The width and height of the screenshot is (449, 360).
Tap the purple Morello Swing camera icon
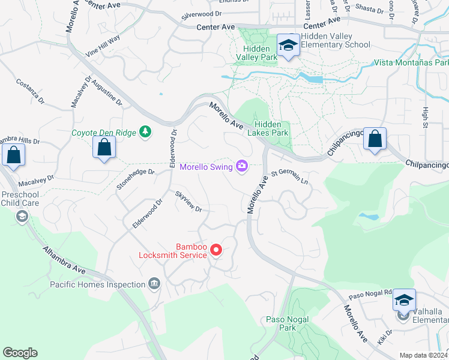tap(242, 166)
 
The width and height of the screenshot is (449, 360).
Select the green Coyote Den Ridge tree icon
tap(145, 131)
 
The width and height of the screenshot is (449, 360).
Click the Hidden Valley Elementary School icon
tap(288, 46)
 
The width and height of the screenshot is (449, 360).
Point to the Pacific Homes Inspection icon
tap(154, 284)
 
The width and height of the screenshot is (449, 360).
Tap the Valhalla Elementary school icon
tap(404, 301)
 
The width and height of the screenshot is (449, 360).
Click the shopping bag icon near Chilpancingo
tap(375, 139)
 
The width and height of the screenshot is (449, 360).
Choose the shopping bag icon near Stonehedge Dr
tap(104, 147)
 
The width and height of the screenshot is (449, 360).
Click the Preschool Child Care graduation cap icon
tap(23, 216)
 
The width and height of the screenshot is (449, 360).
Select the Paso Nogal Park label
tap(282, 323)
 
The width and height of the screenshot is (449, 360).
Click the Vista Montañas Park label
tap(411, 62)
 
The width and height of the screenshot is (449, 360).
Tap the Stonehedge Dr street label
tap(135, 179)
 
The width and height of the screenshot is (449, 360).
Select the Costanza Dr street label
tap(30, 91)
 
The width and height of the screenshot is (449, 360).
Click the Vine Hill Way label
tap(103, 46)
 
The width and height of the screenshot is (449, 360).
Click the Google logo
tap(20, 353)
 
